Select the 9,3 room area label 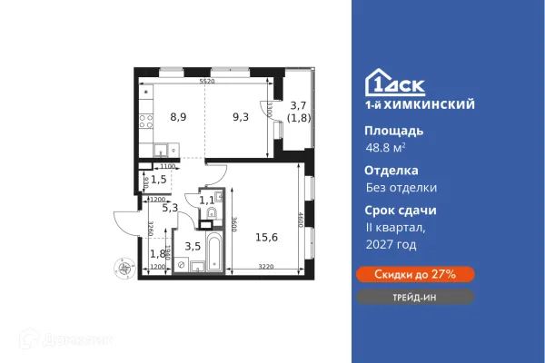[241, 117]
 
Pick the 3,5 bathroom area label [193, 246]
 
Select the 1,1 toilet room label [206, 200]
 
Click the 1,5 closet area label [158, 178]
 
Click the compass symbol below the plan [124, 266]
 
